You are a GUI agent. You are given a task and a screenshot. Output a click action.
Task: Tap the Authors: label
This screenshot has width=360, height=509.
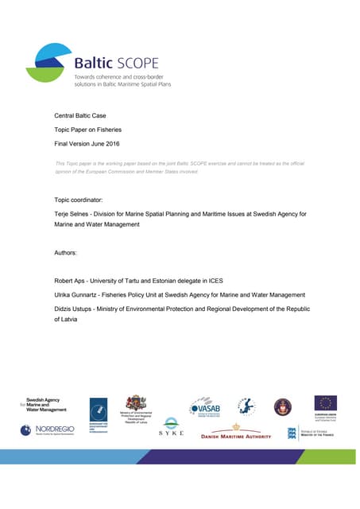coord(65,252)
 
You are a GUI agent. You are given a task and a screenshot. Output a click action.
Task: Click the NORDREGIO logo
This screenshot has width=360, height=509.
coord(48,429)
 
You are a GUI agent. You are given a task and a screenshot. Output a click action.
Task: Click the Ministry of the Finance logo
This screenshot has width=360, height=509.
coord(310,433)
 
